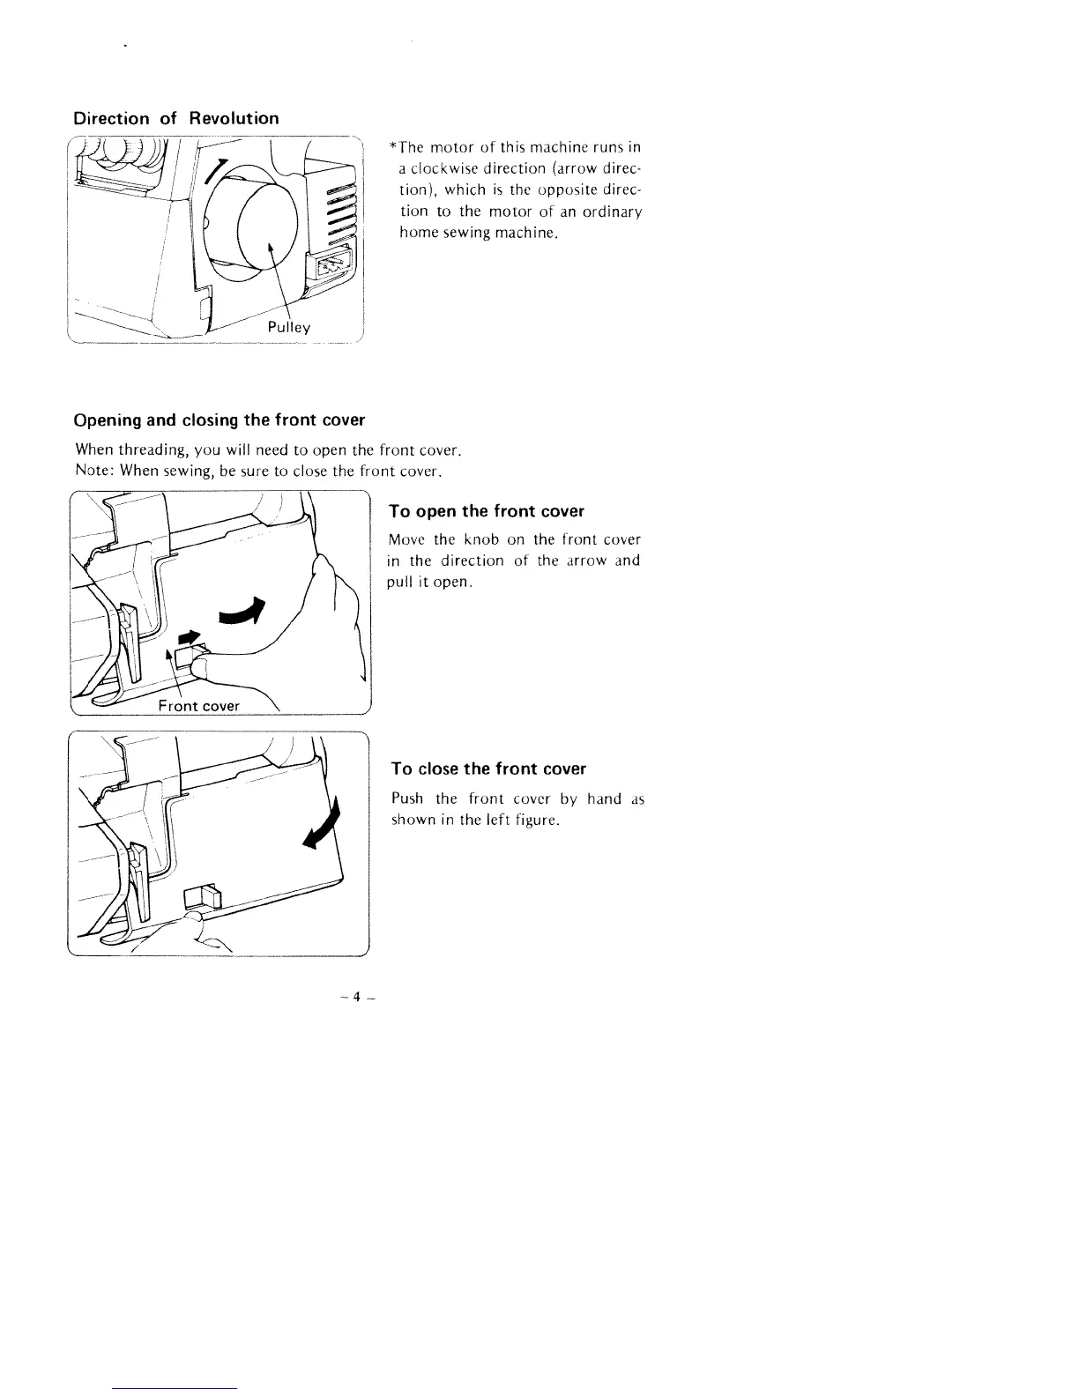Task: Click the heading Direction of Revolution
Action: (x=176, y=119)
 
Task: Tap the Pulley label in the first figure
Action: (x=291, y=327)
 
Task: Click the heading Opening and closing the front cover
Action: (x=220, y=420)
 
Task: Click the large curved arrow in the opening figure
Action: (x=242, y=612)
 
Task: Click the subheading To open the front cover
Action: (x=487, y=512)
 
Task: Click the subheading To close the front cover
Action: (x=488, y=769)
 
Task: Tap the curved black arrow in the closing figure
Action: (x=320, y=829)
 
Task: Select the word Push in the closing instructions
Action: (x=407, y=799)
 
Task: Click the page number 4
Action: (x=356, y=998)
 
